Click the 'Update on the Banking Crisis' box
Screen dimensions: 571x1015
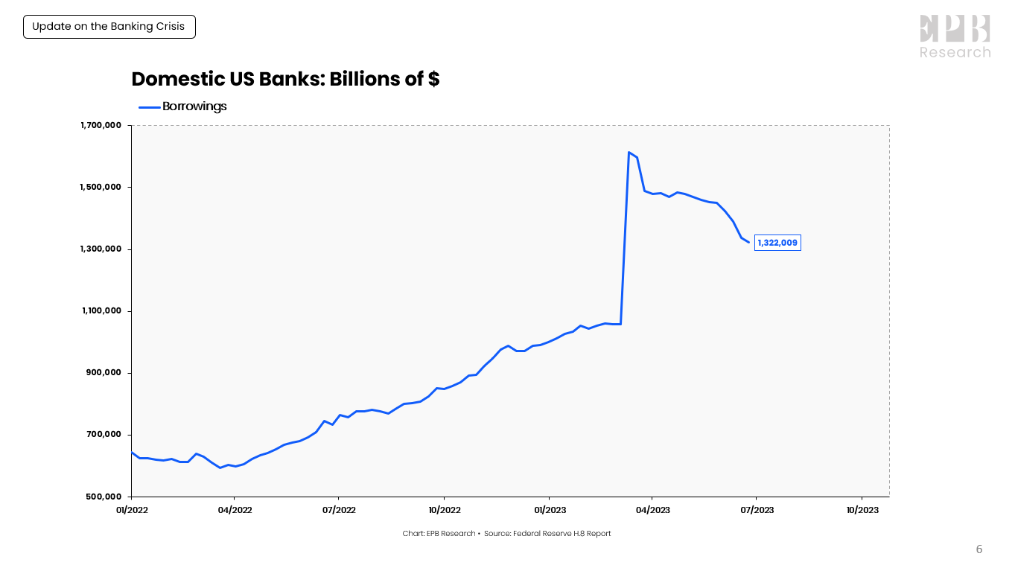(109, 27)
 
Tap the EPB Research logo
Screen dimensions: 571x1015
(955, 36)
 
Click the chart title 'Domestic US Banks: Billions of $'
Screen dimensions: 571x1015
(285, 79)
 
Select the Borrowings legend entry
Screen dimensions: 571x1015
(183, 106)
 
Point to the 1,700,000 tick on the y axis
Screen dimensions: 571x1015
(101, 126)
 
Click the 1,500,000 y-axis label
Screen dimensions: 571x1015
(101, 188)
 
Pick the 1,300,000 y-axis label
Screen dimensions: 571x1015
(101, 249)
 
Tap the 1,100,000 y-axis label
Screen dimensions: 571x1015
(101, 311)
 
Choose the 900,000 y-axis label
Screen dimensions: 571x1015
(104, 373)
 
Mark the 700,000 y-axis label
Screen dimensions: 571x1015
(104, 435)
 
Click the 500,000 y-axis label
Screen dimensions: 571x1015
(104, 497)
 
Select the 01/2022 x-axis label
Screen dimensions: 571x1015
(132, 510)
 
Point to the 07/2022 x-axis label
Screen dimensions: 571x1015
(339, 510)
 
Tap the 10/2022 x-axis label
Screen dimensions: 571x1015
(444, 510)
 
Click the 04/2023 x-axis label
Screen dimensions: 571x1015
(652, 510)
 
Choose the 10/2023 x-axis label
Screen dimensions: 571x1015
(862, 510)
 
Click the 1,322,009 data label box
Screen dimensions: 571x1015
(777, 243)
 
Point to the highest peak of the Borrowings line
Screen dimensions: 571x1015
(629, 153)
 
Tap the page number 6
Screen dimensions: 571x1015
(979, 550)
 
